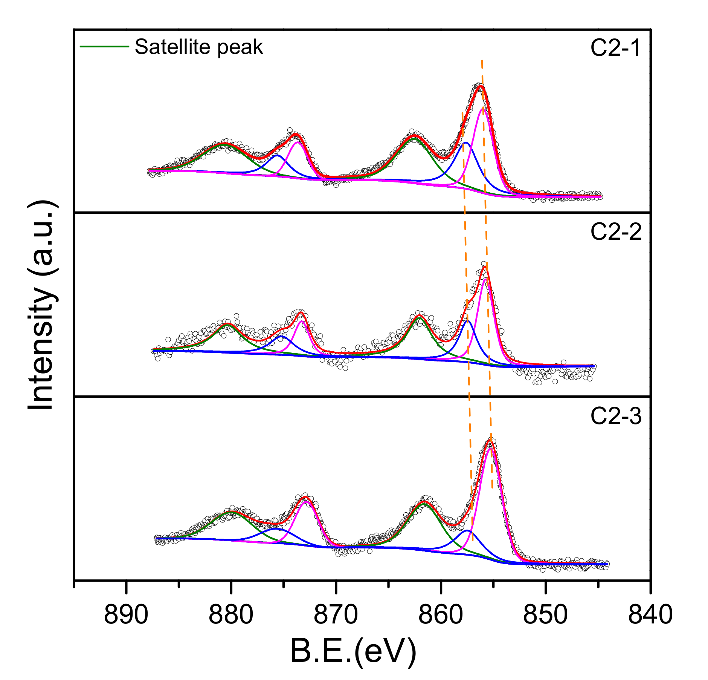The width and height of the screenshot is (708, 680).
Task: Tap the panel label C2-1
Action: [615, 48]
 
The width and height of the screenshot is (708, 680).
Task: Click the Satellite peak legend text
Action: [198, 47]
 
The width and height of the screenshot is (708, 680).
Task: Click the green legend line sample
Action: [104, 46]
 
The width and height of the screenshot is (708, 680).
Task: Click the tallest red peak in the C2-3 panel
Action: [489, 441]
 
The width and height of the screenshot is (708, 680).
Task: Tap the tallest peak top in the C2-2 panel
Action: [485, 267]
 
